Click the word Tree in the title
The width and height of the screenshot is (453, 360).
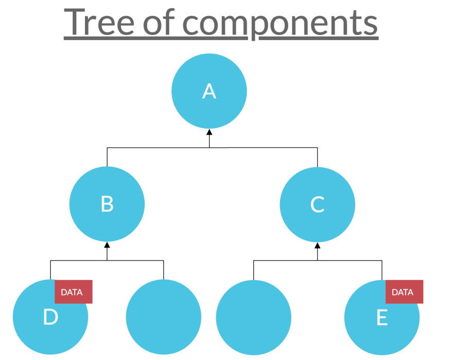click(x=99, y=22)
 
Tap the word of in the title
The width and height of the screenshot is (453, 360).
click(x=159, y=22)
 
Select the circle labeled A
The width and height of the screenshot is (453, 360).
click(x=209, y=91)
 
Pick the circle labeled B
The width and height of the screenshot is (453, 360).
click(x=107, y=204)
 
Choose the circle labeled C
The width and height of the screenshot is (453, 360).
click(x=317, y=204)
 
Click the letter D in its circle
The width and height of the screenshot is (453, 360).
click(x=50, y=317)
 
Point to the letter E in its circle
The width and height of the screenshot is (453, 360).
click(x=382, y=317)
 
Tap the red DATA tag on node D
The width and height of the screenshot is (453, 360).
click(x=74, y=292)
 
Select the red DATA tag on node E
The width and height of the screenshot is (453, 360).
click(x=405, y=292)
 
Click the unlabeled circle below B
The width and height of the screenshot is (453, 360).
click(x=164, y=317)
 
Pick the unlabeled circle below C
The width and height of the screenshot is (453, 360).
click(x=254, y=317)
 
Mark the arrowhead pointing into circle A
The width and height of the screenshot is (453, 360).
click(x=209, y=132)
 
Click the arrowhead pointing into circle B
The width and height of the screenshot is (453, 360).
click(x=107, y=245)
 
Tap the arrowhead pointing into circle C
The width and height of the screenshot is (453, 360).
click(x=318, y=245)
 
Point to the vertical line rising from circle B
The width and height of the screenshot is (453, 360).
click(x=107, y=157)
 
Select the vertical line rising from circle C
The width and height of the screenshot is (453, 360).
click(x=318, y=157)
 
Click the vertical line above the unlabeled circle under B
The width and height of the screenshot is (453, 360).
click(x=164, y=270)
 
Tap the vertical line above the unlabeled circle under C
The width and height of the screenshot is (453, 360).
click(x=254, y=270)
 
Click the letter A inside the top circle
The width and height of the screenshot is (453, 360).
click(x=209, y=91)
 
